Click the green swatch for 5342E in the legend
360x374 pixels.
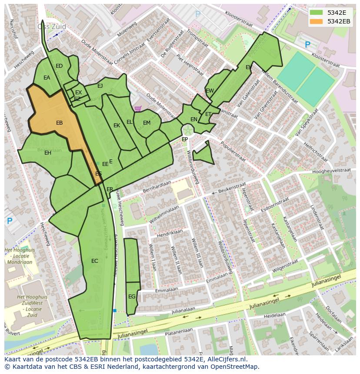point(317,13)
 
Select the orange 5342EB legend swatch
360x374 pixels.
point(317,21)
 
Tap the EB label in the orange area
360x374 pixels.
point(60,123)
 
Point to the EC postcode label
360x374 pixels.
point(94,261)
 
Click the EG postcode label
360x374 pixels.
point(132,297)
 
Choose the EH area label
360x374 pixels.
point(48,153)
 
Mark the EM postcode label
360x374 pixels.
point(147,123)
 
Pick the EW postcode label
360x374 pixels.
point(210,91)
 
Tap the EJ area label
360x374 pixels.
point(100,86)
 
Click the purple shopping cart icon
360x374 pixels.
point(138,109)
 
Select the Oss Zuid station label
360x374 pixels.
point(52,26)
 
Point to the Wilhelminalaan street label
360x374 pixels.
point(164,215)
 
